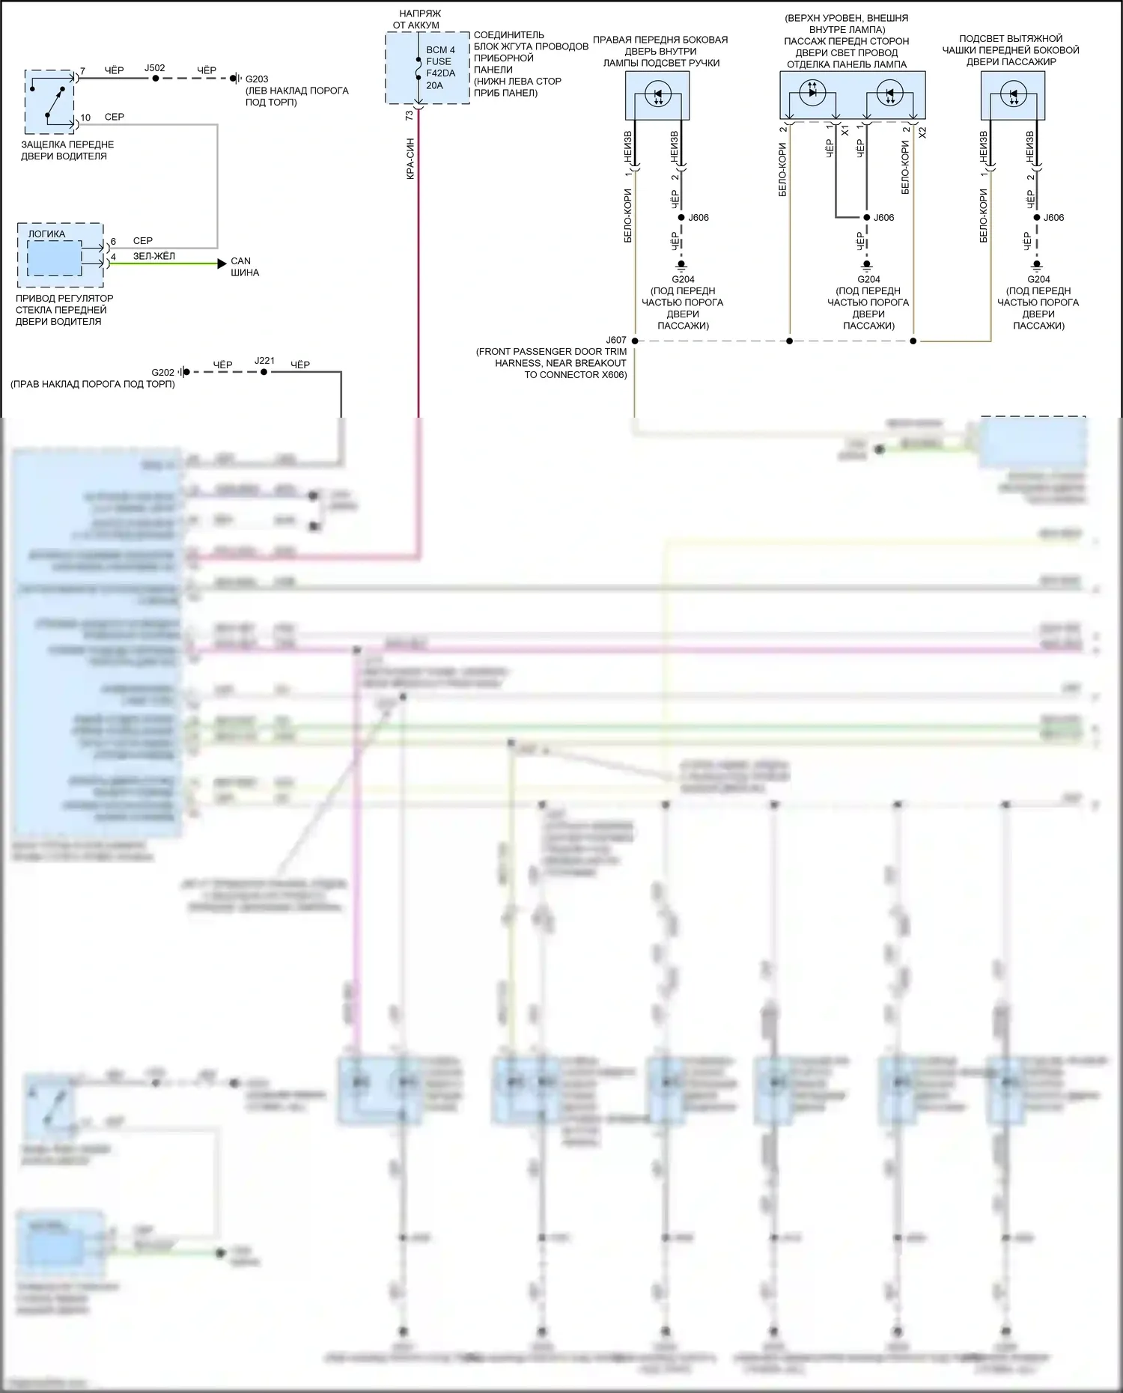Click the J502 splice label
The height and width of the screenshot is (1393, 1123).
point(154,68)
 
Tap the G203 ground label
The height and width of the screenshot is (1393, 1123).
point(257,79)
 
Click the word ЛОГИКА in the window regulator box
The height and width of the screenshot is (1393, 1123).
point(46,234)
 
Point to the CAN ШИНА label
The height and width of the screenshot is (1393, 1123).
point(244,266)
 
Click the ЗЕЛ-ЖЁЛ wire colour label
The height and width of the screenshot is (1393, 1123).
point(154,256)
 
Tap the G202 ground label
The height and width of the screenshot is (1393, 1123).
point(162,372)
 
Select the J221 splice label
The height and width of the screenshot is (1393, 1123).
point(264,361)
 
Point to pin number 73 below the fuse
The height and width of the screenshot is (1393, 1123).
point(409,116)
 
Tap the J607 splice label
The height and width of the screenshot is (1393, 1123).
point(616,340)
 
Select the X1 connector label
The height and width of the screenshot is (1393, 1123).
point(845,131)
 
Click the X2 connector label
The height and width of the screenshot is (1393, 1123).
point(922,132)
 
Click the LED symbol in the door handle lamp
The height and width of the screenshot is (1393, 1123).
point(657,96)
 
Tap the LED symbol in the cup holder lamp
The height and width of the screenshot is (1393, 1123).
point(1013,96)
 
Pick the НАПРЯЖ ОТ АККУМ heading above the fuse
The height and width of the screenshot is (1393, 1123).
point(419,19)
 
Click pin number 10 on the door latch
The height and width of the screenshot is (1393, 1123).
point(85,118)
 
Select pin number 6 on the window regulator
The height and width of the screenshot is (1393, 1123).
point(113,242)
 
